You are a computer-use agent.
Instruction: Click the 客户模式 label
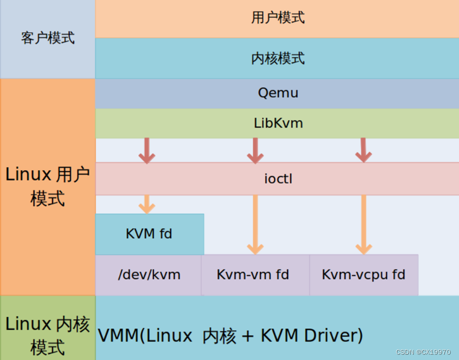tap(48, 38)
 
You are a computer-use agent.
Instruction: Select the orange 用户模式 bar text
tap(278, 17)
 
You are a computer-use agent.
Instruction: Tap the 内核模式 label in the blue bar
tap(278, 58)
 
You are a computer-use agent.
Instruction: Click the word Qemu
tap(278, 93)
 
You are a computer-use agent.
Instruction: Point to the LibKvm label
tap(278, 124)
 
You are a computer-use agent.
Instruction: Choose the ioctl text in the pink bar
tap(278, 179)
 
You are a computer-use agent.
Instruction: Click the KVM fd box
tap(149, 234)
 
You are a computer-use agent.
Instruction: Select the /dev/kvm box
tap(149, 275)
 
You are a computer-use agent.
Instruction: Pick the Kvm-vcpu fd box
tap(363, 275)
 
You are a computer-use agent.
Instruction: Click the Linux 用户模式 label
tap(48, 186)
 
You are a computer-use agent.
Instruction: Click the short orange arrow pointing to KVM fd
tap(147, 204)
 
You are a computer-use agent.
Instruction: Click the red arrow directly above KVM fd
tap(147, 151)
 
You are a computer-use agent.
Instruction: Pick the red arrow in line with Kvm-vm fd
tap(255, 151)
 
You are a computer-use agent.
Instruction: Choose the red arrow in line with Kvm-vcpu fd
tap(363, 151)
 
